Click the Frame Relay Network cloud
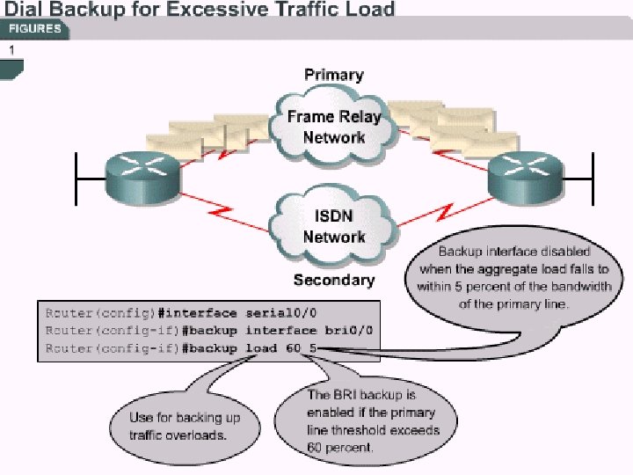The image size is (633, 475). coord(333,128)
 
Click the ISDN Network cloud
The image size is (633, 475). coord(333,227)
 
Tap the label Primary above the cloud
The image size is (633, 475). coord(333,75)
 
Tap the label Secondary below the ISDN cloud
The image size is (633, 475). coord(333,280)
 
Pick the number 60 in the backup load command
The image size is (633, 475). coord(293,348)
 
